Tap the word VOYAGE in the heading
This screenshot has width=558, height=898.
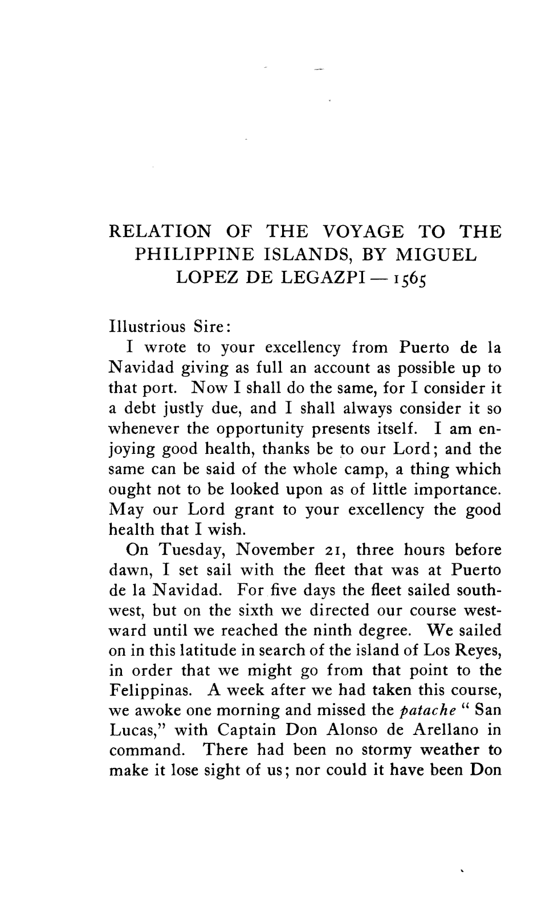tap(363, 232)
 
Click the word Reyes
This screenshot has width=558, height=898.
tap(479, 651)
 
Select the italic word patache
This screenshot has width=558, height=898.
tap(422, 711)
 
